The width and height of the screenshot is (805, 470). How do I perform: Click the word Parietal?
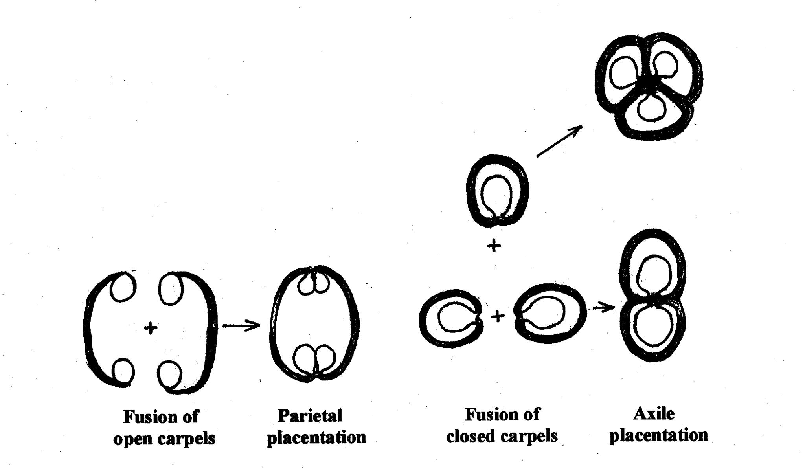pyautogui.click(x=310, y=416)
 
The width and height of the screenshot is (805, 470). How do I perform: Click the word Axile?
pyautogui.click(x=654, y=413)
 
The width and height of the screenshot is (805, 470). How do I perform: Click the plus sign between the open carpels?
pyautogui.click(x=150, y=328)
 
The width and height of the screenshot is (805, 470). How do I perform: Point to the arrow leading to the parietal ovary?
pyautogui.click(x=241, y=325)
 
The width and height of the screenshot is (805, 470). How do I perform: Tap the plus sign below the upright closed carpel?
pyautogui.click(x=494, y=246)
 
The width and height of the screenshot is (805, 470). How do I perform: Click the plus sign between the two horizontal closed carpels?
pyautogui.click(x=498, y=316)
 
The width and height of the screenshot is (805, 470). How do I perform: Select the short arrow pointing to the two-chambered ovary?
pyautogui.click(x=603, y=307)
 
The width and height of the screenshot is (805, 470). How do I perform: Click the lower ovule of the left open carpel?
pyautogui.click(x=123, y=371)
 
